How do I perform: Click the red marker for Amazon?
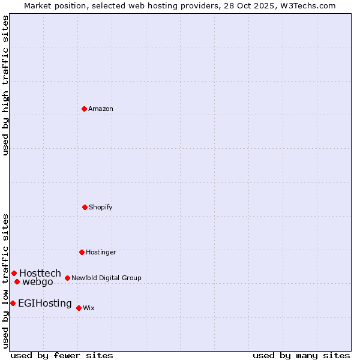84,109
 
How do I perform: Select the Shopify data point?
85,207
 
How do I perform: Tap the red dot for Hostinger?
82,252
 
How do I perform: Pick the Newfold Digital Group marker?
67,278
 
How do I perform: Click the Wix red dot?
79,308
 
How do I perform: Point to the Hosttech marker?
14,273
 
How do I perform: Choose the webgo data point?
17,281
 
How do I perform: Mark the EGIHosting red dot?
13,303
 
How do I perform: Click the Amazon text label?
101,109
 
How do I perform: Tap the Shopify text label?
101,207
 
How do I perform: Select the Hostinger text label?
101,252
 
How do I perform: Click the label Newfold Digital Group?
106,278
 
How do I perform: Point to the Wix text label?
89,308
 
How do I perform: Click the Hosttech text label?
40,273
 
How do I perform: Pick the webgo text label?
38,282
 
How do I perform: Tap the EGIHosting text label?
45,303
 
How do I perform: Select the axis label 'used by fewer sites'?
62,355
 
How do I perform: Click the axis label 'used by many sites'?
301,355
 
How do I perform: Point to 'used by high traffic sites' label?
5,85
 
